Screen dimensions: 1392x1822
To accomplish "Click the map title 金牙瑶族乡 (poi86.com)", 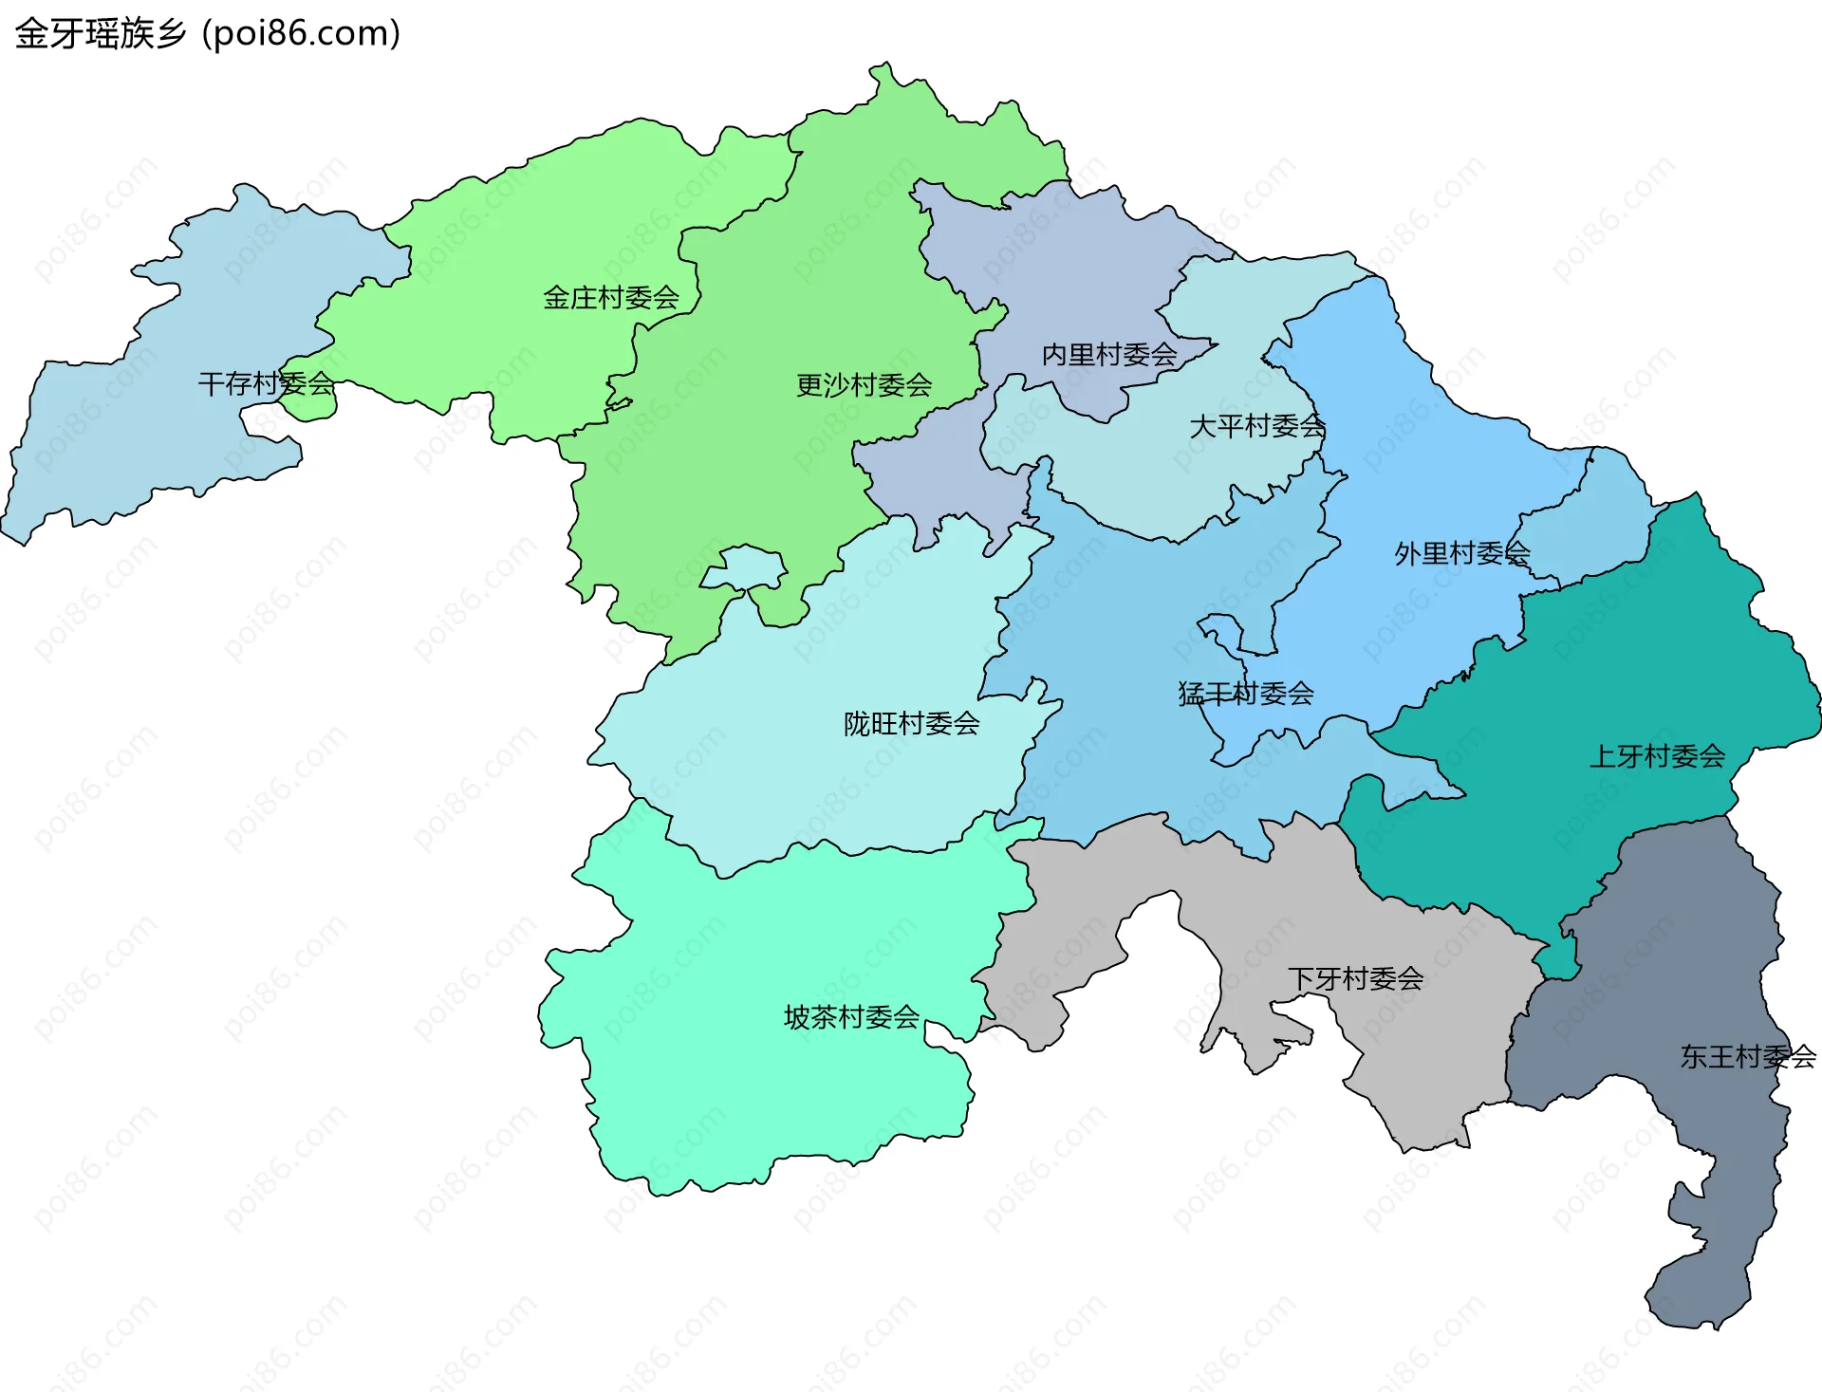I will (x=207, y=34).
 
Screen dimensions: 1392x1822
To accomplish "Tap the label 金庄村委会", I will (x=610, y=298).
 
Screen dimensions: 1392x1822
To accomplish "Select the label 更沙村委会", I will (x=864, y=385).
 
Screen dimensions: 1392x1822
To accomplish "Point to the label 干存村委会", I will (x=266, y=383).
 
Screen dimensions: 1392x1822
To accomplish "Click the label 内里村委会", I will (x=1109, y=355).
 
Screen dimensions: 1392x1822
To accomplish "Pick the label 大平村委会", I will (x=1256, y=426).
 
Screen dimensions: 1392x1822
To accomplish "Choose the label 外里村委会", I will (x=1461, y=553).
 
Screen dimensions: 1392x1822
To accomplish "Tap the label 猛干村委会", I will (x=1245, y=694).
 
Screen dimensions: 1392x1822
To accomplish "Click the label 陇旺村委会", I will (x=911, y=724).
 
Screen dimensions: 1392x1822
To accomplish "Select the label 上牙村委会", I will (x=1657, y=756).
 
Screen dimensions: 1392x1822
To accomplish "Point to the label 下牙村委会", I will (x=1355, y=978).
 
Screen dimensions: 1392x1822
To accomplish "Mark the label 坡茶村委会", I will (x=851, y=1017).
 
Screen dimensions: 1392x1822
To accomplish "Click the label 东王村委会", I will (x=1748, y=1056).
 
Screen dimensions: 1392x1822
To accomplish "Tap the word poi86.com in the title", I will (x=302, y=34).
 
